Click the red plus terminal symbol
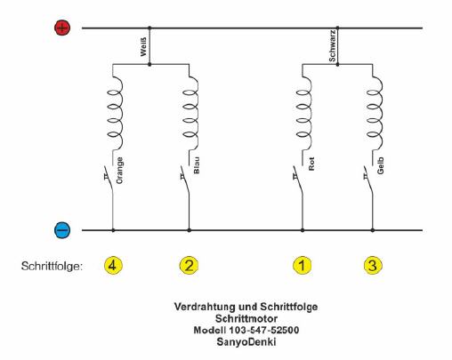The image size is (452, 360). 62,28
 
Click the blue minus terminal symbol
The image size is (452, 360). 62,230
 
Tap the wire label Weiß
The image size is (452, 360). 143,47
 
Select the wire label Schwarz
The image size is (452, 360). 333,45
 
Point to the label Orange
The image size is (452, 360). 119,171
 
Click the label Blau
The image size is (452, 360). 197,165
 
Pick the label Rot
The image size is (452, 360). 311,164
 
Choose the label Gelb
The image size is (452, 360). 381,165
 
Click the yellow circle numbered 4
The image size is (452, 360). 113,266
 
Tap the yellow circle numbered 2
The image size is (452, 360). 189,266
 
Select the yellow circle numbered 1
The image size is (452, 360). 302,266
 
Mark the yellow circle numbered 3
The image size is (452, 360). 373,266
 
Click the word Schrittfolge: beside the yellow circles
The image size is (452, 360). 52,266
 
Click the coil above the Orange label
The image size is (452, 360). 116,113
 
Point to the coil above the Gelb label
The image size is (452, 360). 375,113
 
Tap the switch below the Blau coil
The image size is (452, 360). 185,180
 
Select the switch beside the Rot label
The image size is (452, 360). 298,180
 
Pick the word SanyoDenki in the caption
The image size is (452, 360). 246,342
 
